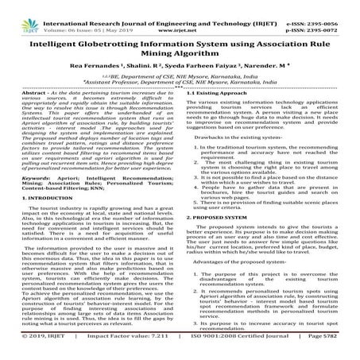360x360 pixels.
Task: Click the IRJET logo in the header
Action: (17, 12)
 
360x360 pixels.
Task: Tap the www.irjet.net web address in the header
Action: (180, 14)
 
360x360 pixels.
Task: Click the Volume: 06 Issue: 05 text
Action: (60, 14)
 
